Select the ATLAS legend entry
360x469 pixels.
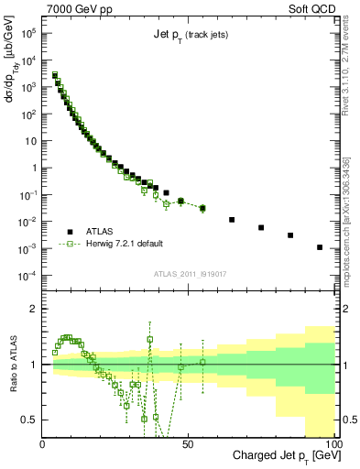[x=99, y=231]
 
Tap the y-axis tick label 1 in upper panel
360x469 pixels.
[x=35, y=168]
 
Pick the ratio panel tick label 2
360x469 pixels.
[x=35, y=309]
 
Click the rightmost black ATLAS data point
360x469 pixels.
[x=320, y=247]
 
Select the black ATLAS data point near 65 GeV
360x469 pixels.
[x=232, y=220]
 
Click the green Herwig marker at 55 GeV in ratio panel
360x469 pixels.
[x=202, y=362]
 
